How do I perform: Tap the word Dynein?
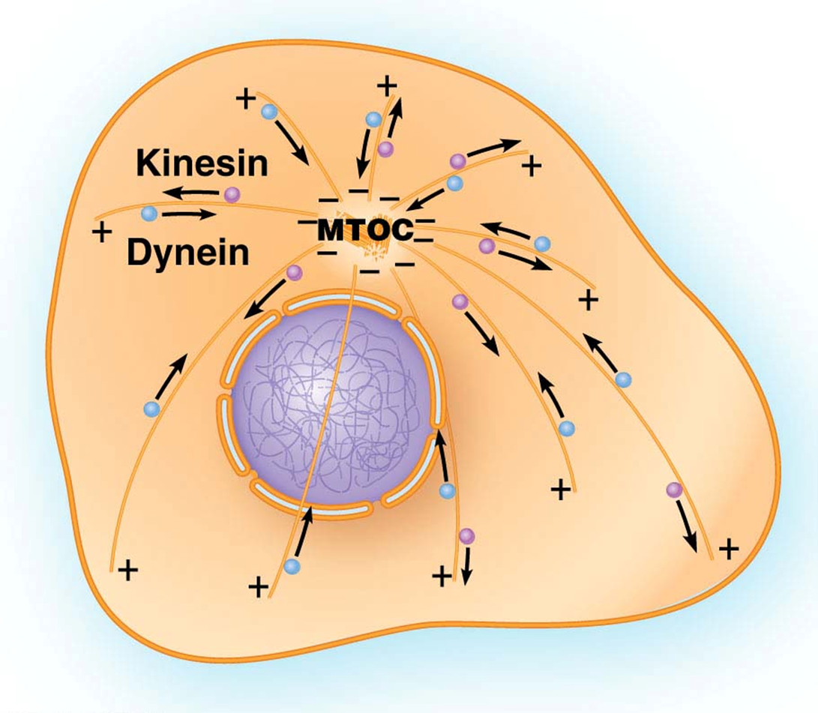tap(187, 253)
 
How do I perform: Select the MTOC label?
tap(365, 230)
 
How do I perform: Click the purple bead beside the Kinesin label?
tap(232, 194)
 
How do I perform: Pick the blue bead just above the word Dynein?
tap(148, 214)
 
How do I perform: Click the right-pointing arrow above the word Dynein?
tap(187, 214)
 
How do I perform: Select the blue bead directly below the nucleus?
tap(292, 567)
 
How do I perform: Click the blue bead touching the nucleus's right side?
tap(447, 491)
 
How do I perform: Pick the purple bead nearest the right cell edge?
tap(674, 490)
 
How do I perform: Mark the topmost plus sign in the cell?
tap(387, 85)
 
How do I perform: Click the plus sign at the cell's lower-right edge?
tap(727, 550)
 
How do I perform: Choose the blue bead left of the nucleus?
tap(152, 409)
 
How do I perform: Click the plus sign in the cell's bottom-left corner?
tap(128, 571)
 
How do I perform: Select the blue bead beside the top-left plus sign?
tap(268, 112)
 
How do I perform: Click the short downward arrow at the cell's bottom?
tap(466, 568)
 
